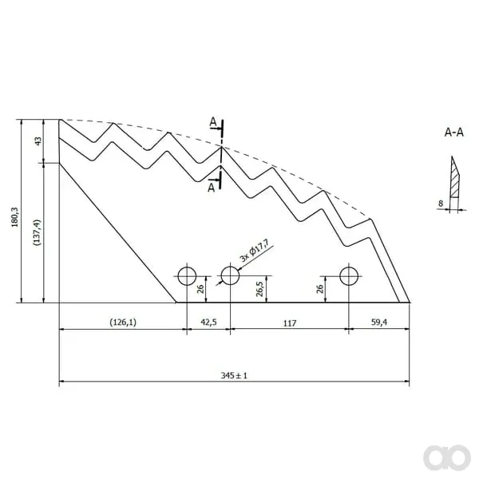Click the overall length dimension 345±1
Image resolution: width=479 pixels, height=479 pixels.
[x=234, y=375]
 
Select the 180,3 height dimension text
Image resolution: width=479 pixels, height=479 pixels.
[x=14, y=217]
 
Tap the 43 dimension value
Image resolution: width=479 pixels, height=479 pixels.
[x=38, y=141]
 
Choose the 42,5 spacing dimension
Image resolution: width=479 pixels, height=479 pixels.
[x=208, y=323]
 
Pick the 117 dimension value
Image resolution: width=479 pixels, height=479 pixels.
[x=290, y=323]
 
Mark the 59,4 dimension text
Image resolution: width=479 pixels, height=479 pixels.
[x=379, y=322]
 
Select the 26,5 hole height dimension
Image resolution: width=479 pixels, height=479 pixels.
[x=259, y=289]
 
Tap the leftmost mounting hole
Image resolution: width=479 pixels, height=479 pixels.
[x=187, y=276]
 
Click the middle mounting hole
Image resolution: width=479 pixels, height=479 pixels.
[x=230, y=275]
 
